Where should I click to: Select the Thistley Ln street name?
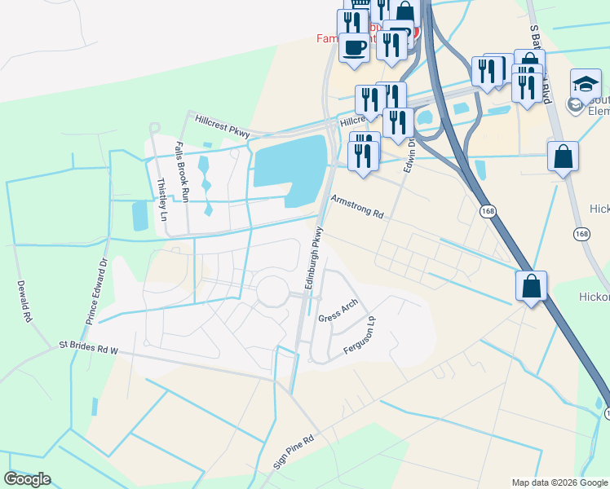click(162, 200)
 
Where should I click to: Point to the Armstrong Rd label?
click(356, 206)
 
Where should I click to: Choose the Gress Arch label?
click(338, 311)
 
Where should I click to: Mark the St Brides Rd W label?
click(89, 347)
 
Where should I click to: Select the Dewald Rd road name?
click(24, 300)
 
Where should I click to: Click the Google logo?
click(28, 478)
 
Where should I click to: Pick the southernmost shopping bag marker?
click(531, 286)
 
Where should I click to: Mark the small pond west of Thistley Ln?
click(139, 215)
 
